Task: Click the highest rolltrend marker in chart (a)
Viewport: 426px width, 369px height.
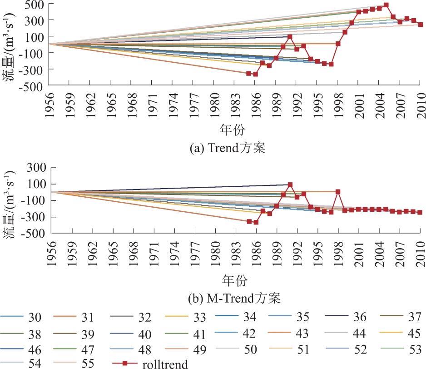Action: click(386, 5)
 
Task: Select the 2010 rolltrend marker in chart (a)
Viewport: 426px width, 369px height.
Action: click(420, 25)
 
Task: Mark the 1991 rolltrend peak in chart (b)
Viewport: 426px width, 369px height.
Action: click(290, 184)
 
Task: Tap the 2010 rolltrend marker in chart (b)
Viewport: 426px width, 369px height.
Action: click(420, 212)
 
